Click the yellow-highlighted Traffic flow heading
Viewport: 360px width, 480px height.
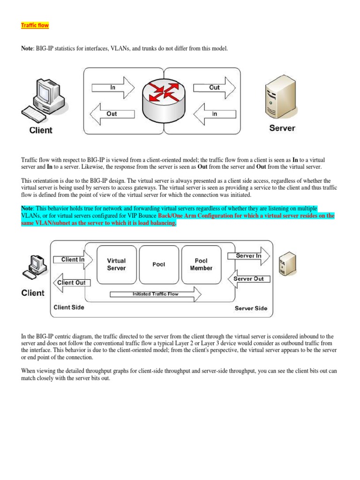(35, 25)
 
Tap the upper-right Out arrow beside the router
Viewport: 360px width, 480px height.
(214, 87)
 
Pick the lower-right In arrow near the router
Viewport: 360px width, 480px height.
(214, 114)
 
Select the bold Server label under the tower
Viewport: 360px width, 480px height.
(282, 128)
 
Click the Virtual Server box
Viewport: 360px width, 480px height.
(116, 264)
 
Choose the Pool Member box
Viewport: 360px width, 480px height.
(201, 264)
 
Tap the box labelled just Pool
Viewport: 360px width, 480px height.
(159, 264)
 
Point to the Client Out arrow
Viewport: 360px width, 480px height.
(70, 283)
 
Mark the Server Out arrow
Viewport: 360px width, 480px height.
(248, 279)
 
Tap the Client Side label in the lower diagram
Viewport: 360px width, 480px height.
(69, 307)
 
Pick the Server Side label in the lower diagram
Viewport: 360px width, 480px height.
(251, 308)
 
